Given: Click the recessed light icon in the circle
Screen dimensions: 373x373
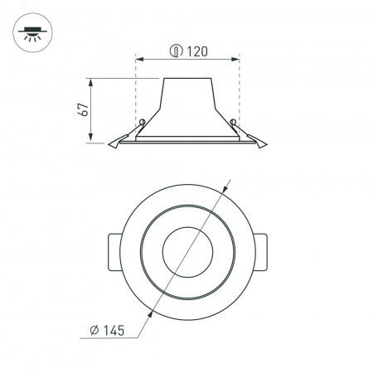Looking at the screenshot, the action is [32, 32].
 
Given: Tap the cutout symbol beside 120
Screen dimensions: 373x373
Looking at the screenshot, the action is [177, 51].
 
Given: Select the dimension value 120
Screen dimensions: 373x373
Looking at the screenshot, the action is [197, 51].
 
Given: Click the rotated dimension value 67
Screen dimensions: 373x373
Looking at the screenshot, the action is [84, 109].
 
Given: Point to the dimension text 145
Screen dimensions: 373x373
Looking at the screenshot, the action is [114, 331].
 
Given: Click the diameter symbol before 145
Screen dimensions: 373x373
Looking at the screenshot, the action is [94, 331].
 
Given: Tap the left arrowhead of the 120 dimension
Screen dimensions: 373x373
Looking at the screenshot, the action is [140, 59].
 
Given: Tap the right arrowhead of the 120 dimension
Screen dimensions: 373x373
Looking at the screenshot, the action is [235, 59].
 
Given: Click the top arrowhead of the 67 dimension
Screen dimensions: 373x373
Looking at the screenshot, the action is [91, 82].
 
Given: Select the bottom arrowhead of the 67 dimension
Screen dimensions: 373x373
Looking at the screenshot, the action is [91, 138].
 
